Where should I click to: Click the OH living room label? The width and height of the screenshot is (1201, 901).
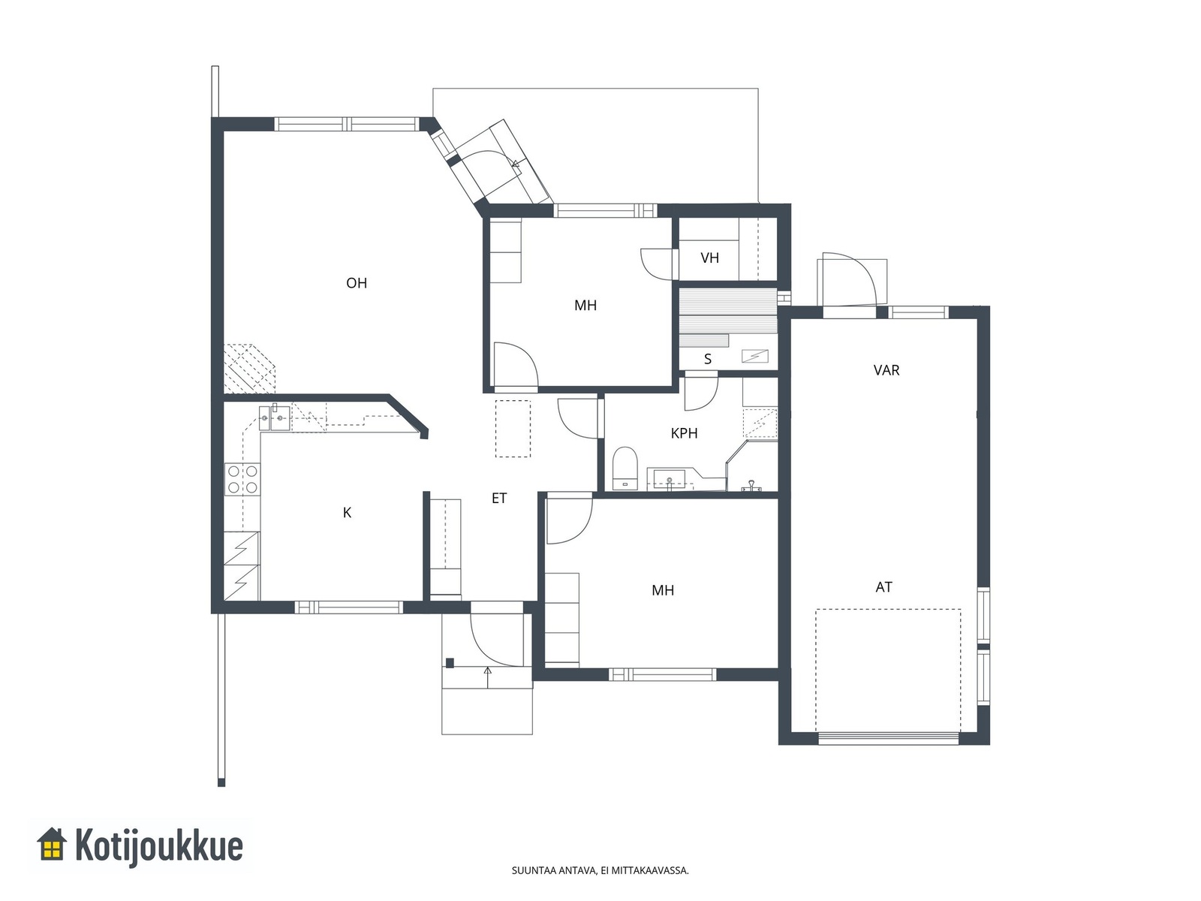[x=357, y=283]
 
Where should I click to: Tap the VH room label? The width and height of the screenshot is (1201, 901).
[x=709, y=258]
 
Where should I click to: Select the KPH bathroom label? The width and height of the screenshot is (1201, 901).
[x=684, y=433]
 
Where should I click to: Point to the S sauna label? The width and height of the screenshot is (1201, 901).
[x=708, y=359]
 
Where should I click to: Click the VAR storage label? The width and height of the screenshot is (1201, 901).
[x=886, y=370]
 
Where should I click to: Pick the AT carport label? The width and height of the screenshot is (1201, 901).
[x=884, y=587]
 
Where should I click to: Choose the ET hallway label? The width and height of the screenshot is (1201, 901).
[x=499, y=498]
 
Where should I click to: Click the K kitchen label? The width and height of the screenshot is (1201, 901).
[x=347, y=513]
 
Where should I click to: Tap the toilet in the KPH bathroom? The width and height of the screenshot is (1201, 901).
[x=625, y=469]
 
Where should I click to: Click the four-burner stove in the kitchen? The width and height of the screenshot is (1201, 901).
[x=242, y=479]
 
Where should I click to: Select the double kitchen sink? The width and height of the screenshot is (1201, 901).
[x=273, y=418]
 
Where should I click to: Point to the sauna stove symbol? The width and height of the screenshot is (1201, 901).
[x=755, y=357]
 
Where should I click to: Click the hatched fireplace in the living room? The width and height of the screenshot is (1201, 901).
[x=249, y=368]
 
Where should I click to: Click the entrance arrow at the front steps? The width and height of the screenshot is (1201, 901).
[x=487, y=677]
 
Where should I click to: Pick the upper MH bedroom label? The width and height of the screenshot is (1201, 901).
[x=585, y=306]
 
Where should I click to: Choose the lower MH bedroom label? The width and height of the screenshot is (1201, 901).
[x=663, y=590]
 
